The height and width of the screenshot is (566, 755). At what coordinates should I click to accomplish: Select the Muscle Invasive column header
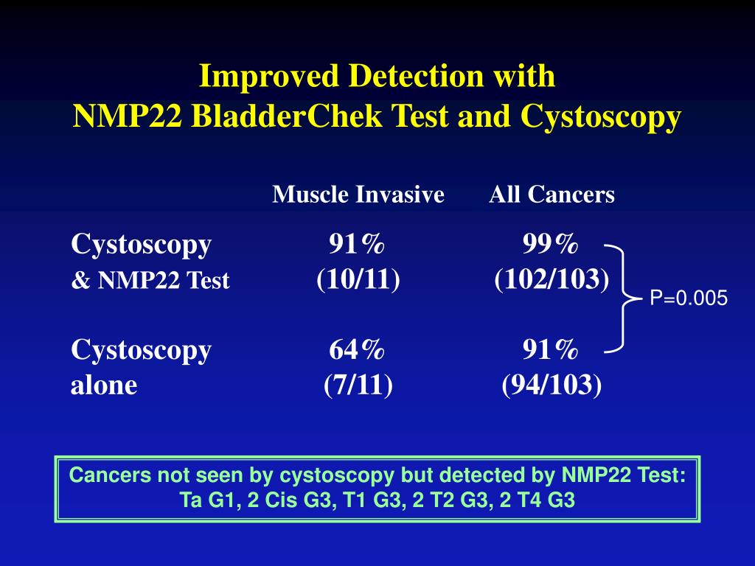click(358, 195)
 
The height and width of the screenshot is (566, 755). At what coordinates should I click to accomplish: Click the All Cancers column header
click(552, 195)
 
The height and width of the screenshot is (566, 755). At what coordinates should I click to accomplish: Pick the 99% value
click(551, 244)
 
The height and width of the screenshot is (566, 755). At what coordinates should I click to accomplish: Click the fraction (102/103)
click(552, 280)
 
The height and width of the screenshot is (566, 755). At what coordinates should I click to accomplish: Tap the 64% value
click(358, 349)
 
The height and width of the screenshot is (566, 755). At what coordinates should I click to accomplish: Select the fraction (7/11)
click(358, 385)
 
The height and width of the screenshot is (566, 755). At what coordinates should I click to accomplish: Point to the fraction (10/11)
click(358, 280)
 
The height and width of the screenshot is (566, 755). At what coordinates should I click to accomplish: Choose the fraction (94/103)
click(552, 385)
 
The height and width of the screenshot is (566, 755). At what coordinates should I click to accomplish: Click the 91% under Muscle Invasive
click(358, 244)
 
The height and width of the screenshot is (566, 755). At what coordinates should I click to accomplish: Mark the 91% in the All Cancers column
click(551, 349)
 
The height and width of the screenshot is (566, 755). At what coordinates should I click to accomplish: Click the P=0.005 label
click(688, 298)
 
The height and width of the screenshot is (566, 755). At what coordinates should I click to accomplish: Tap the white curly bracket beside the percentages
click(624, 298)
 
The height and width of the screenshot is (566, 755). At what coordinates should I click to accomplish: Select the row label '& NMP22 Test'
click(150, 281)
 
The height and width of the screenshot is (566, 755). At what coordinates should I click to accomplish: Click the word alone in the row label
click(104, 385)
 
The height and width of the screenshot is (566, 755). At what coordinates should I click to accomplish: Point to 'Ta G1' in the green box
click(201, 500)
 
